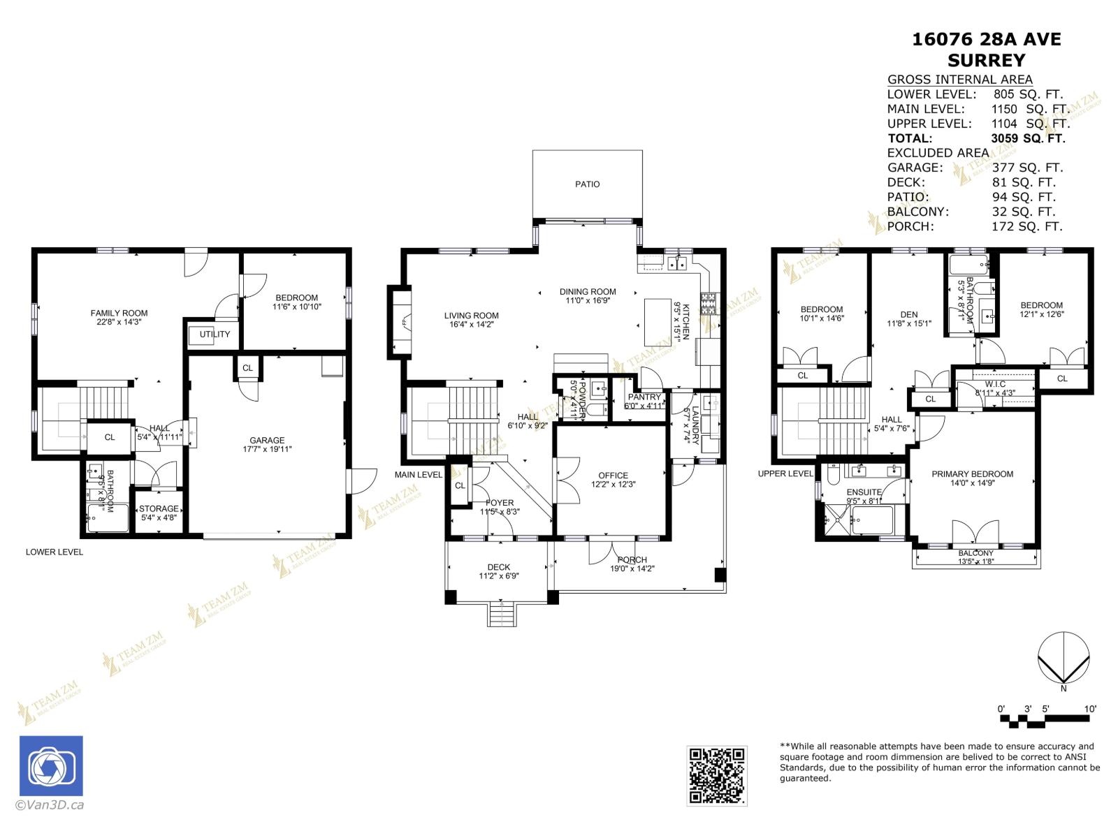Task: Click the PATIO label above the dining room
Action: coord(587,184)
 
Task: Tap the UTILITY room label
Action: coord(215,335)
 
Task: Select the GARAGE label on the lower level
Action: coord(267,440)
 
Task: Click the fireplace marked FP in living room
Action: coord(402,323)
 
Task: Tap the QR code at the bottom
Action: coord(717,775)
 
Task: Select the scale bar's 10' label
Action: coord(1090,709)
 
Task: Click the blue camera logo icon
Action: coord(51,765)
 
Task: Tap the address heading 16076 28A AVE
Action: coord(986,39)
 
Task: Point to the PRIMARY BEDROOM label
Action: coord(972,474)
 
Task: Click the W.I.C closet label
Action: coord(995,384)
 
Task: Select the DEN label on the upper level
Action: coord(909,314)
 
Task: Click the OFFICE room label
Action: coord(613,475)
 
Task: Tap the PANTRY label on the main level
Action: coord(644,397)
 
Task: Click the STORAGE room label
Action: coord(159,508)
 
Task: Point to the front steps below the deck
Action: coord(500,615)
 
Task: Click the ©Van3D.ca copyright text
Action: coord(50,804)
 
